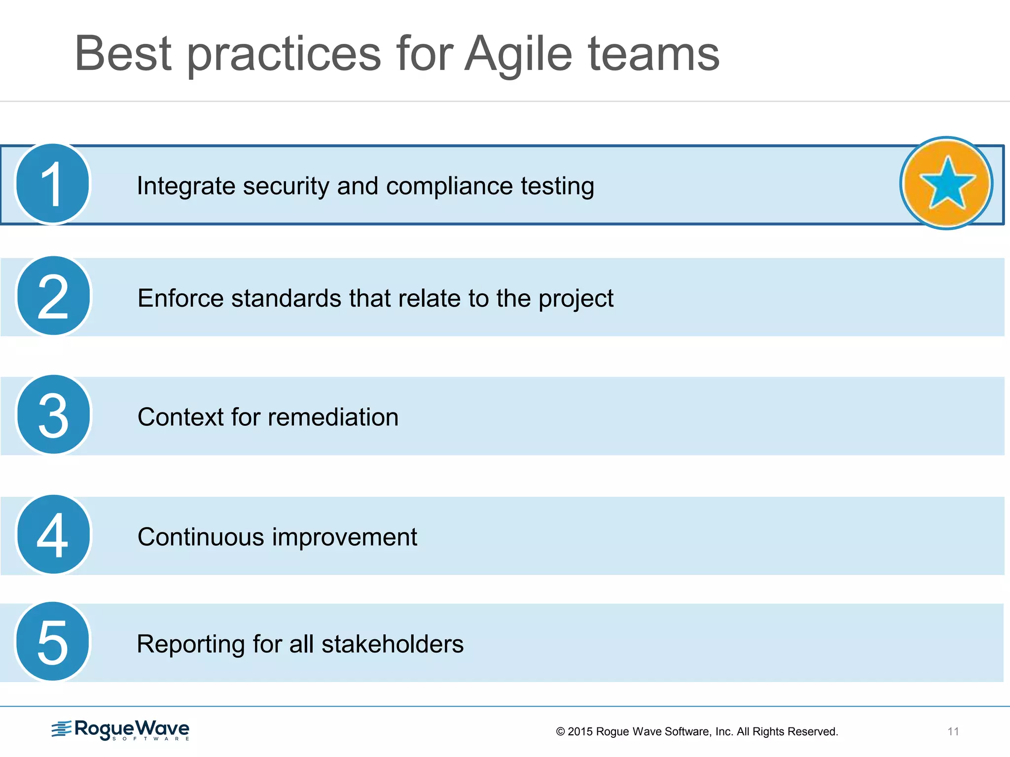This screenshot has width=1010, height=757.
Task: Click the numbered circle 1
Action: [53, 184]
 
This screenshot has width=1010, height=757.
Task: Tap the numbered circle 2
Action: [53, 296]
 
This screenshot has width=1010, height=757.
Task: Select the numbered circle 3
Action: [53, 415]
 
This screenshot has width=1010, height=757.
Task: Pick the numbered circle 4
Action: [53, 535]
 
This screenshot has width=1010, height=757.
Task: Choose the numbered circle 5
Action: [53, 642]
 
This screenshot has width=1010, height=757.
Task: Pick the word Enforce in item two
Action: [180, 299]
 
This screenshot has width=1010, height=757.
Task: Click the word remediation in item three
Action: [333, 417]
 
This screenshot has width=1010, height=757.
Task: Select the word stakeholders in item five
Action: [393, 644]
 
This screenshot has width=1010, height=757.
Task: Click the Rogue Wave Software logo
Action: [121, 730]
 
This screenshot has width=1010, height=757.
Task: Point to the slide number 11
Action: [953, 731]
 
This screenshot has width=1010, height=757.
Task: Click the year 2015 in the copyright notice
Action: [580, 732]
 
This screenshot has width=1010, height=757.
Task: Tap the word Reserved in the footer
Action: [814, 732]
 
